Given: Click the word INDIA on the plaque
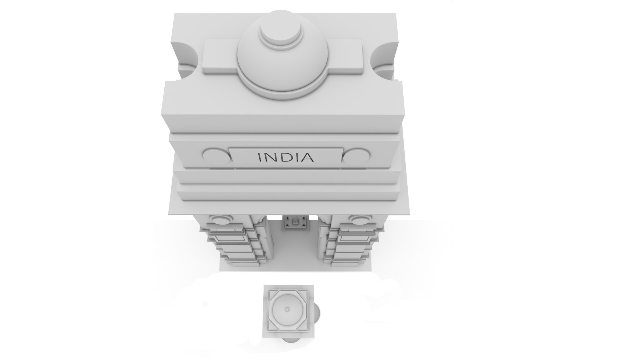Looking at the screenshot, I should (x=286, y=157).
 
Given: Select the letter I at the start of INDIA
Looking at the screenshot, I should (x=260, y=157).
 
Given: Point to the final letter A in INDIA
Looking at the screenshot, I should (x=309, y=157).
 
